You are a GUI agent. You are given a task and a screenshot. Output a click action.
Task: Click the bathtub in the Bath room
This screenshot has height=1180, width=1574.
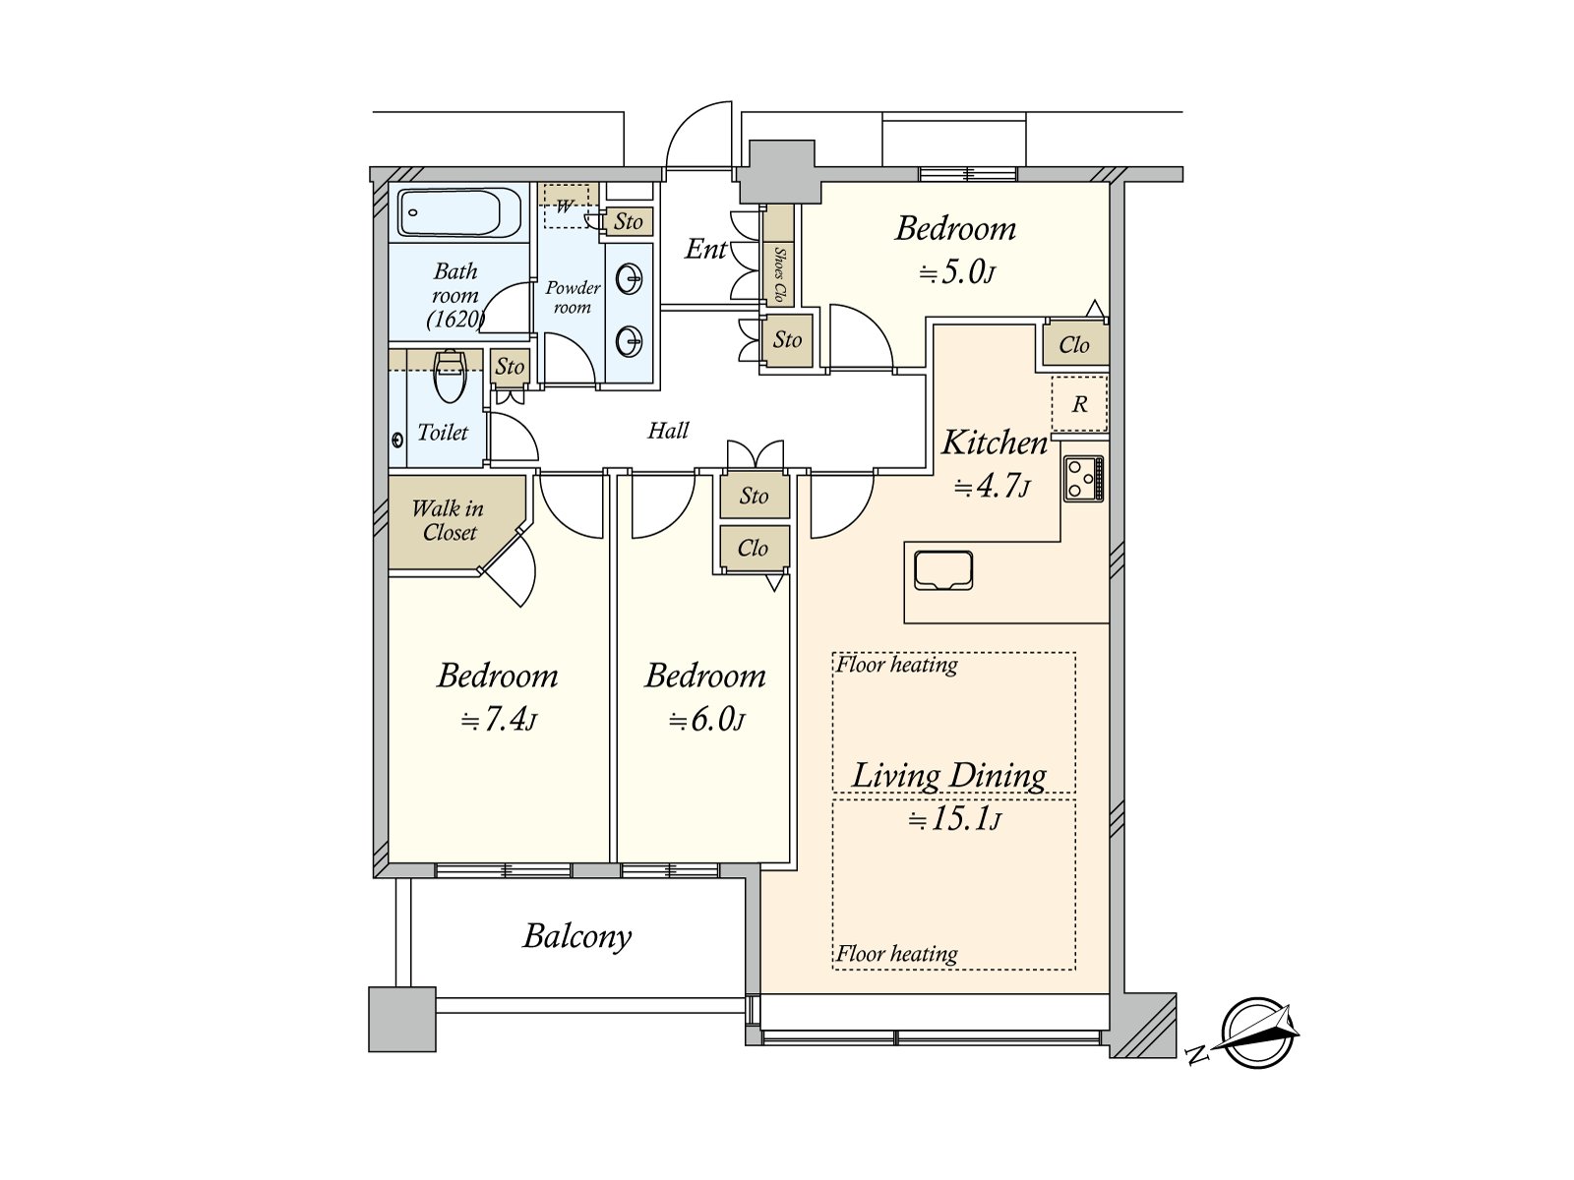click(x=450, y=212)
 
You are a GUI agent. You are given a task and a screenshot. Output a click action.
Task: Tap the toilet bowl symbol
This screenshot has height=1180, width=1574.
click(x=451, y=377)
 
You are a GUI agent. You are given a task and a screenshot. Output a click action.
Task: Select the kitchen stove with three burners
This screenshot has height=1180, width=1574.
click(x=1083, y=479)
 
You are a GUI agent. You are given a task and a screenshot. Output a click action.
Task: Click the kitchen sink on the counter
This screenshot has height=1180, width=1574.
click(x=943, y=570)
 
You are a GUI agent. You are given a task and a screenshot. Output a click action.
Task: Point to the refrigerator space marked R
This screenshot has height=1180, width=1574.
click(x=1079, y=404)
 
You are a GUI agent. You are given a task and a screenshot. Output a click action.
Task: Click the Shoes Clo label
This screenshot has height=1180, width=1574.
click(x=779, y=274)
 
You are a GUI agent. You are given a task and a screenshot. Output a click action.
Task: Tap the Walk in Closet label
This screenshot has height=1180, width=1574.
click(x=449, y=520)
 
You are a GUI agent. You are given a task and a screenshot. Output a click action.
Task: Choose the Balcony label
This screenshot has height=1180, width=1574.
click(x=577, y=936)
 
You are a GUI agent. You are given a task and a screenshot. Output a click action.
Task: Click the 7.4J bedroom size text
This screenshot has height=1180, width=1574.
click(x=499, y=719)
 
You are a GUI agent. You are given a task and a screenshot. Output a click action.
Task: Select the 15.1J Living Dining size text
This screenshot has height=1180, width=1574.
click(x=954, y=817)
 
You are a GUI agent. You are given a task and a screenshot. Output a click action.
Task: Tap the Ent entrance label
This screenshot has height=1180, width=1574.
click(x=705, y=249)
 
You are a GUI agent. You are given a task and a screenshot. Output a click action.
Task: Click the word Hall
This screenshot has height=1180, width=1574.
click(x=668, y=430)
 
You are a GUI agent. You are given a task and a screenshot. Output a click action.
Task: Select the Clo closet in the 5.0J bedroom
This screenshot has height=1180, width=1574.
click(x=1073, y=344)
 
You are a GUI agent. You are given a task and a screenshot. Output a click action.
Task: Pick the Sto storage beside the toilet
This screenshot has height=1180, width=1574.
click(x=510, y=366)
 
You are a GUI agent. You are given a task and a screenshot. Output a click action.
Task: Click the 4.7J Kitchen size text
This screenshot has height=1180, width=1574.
click(x=993, y=487)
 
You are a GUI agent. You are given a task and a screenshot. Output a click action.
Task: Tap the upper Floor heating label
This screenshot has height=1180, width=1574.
click(x=897, y=665)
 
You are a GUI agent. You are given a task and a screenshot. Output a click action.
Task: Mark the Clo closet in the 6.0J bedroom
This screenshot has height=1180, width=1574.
click(x=753, y=548)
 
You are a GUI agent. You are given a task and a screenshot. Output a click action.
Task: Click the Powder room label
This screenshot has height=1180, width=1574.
click(x=573, y=297)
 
